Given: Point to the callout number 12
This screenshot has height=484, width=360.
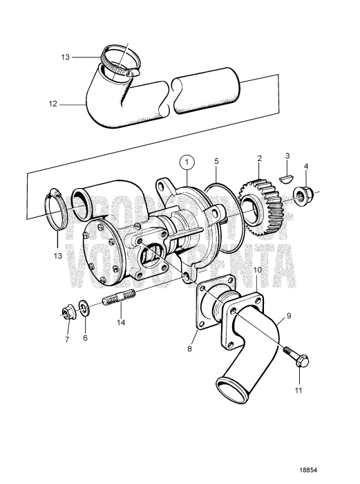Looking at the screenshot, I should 52,105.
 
